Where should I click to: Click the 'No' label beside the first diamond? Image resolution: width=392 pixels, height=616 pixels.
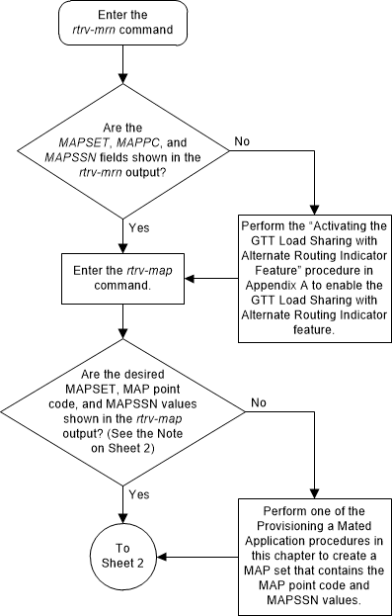(x=242, y=141)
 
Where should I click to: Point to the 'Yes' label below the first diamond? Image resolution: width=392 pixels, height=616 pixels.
(x=139, y=227)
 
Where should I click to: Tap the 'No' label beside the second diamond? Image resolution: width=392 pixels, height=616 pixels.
(x=258, y=402)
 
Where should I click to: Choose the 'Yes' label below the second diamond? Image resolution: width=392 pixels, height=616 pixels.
(x=139, y=491)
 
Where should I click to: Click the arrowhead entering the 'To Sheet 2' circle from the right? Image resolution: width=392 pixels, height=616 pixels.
(x=158, y=556)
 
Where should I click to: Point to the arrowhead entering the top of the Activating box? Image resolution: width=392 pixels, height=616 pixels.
(x=313, y=211)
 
